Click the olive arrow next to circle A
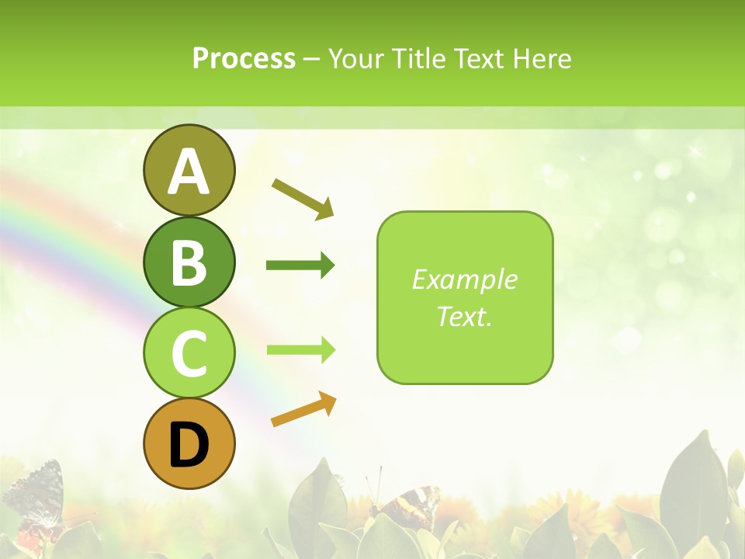[x=303, y=198]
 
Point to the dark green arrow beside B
[x=300, y=266]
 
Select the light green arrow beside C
[x=300, y=349]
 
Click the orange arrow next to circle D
[x=303, y=409]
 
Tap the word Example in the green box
[x=464, y=279]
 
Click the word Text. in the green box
[x=464, y=316]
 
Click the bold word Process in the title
[x=244, y=58]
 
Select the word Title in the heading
[x=418, y=58]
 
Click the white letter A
[x=189, y=171]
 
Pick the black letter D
[x=189, y=444]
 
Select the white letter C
[x=189, y=353]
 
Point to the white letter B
[x=189, y=262]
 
